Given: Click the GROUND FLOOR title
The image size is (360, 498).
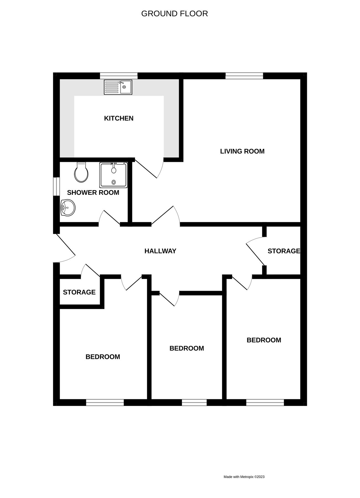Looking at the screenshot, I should pos(174,14).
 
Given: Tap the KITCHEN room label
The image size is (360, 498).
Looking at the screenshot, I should pos(119,118).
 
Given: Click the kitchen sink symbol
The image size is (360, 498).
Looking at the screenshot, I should pos(118,87).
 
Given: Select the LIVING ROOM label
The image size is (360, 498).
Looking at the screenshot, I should pos(242,151).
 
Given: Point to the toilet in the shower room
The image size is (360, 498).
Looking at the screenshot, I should pos(81,173).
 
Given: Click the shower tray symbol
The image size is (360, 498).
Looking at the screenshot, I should pos(114,175).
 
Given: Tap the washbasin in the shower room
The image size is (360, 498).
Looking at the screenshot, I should pos(68,207).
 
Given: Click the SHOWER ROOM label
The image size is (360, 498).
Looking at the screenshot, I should pos(93,193).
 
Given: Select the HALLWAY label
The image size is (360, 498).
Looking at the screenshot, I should pos(160,251).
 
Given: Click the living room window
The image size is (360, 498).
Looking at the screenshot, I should pos(244,76).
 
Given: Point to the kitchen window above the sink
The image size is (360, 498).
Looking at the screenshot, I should pos(119,76).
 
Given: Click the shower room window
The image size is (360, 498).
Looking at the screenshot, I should pos(56,186).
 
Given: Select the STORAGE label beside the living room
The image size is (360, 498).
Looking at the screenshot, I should pos(284,251).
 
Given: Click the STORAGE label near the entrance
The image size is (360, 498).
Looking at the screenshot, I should pos(79,292).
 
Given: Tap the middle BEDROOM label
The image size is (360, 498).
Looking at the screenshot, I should pos(187,348).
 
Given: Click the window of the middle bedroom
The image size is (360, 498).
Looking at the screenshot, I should pos(194,403).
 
